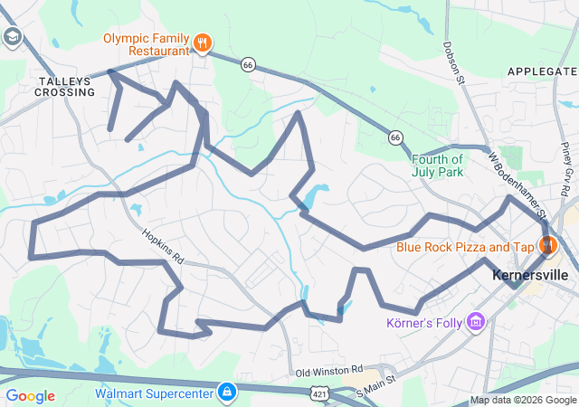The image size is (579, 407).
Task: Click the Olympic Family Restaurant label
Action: (x=146, y=45)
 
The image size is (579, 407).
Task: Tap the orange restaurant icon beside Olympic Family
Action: (x=203, y=41)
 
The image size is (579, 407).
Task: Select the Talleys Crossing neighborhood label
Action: (x=64, y=87)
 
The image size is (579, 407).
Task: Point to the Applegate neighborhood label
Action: (x=542, y=71)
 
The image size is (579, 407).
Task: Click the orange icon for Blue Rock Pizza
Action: (x=547, y=245)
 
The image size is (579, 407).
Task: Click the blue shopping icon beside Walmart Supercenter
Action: (x=227, y=393)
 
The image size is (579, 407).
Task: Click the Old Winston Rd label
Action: (x=328, y=371)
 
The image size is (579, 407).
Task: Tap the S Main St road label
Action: (x=376, y=386)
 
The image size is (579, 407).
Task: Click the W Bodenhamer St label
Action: (x=519, y=185)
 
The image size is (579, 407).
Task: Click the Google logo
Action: (x=30, y=396)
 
